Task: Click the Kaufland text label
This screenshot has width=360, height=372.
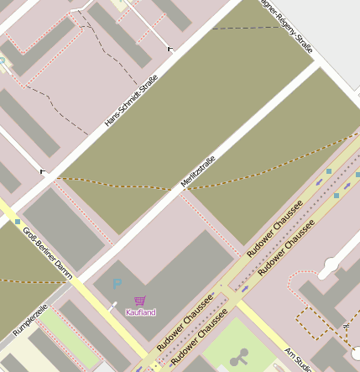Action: pyautogui.click(x=140, y=312)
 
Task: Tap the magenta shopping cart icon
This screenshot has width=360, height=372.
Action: pyautogui.click(x=139, y=301)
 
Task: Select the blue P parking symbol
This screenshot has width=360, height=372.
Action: pyautogui.click(x=117, y=285)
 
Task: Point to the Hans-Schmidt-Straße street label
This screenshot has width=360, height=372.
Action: pyautogui.click(x=132, y=102)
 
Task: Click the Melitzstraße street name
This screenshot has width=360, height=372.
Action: pyautogui.click(x=199, y=170)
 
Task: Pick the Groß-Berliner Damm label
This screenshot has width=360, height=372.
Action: pyautogui.click(x=48, y=253)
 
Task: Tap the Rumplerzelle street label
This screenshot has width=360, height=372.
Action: pyautogui.click(x=29, y=321)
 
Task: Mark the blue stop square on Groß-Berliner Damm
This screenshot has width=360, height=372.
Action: pyautogui.click(x=18, y=222)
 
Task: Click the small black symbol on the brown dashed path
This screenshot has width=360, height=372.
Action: pyautogui.click(x=346, y=324)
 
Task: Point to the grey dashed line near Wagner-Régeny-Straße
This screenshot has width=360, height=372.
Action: pyautogui.click(x=243, y=28)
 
